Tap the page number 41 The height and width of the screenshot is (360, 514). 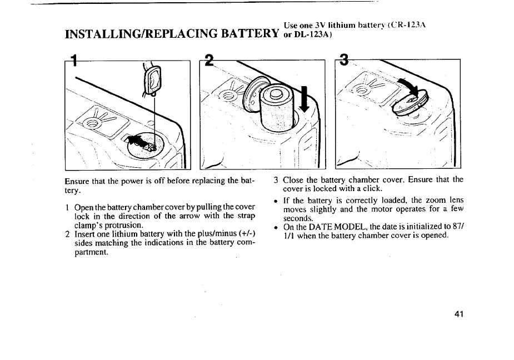click(x=458, y=314)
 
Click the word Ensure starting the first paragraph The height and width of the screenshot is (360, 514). click(x=78, y=181)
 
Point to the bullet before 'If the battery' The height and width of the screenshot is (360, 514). click(x=276, y=199)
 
